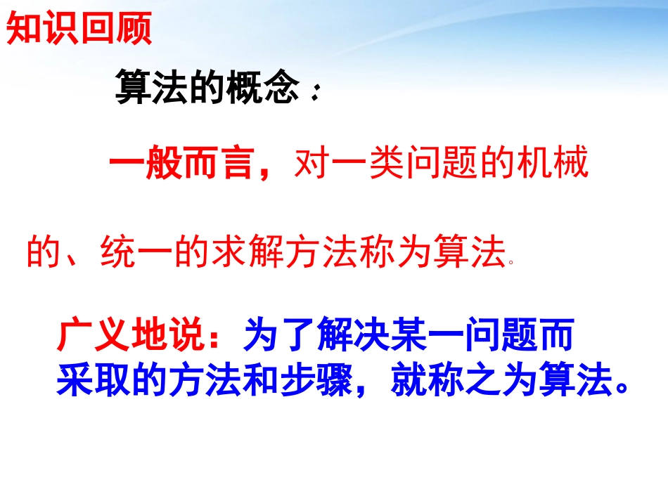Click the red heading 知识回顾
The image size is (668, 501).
pos(79,30)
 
